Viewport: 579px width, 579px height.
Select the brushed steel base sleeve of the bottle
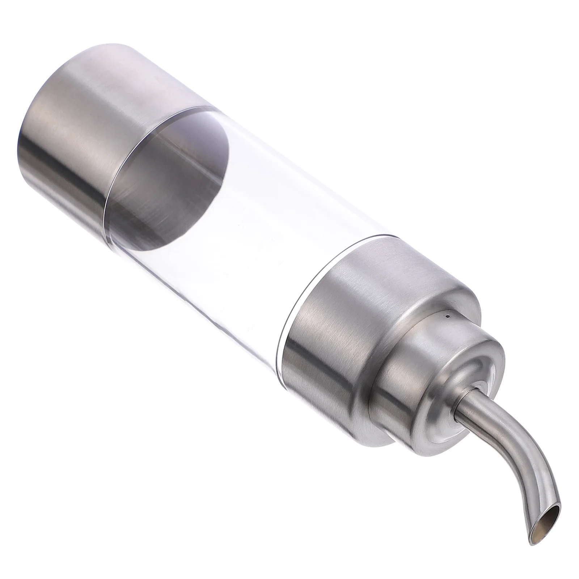coord(72,123)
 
